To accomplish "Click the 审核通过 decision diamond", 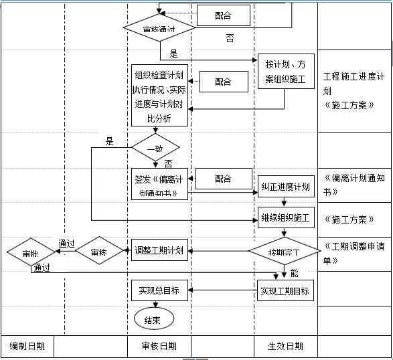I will [x=159, y=29].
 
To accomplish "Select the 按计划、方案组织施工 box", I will [x=285, y=72].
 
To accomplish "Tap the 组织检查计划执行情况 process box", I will [x=159, y=96].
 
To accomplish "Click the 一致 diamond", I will [x=155, y=148].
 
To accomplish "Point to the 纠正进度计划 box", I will [x=285, y=186].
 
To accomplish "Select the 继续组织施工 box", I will [x=285, y=217].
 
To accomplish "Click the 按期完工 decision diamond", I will [x=285, y=252].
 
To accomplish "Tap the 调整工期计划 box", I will [x=158, y=251].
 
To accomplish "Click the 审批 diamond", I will [x=31, y=254].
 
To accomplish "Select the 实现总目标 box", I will [x=159, y=290].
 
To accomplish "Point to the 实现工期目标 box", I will [x=285, y=291].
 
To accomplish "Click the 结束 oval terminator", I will [x=153, y=319].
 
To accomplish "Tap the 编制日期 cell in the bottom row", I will [x=27, y=346].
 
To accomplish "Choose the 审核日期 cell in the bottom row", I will [x=159, y=346].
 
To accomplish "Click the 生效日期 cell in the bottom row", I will [x=285, y=346].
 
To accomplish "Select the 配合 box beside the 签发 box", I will [x=223, y=179].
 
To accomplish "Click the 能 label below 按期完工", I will [x=294, y=273].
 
